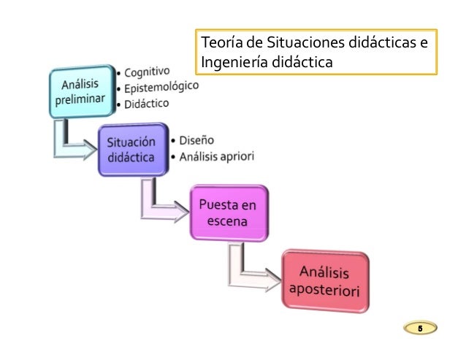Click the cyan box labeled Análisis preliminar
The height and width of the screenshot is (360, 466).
click(82, 93)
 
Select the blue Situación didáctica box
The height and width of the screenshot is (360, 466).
click(131, 150)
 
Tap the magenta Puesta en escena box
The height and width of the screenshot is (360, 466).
click(229, 212)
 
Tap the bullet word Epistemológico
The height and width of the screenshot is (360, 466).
click(160, 88)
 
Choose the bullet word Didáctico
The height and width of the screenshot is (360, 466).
click(146, 105)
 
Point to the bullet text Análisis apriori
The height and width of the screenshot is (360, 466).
click(216, 155)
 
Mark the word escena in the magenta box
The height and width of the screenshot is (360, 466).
click(229, 221)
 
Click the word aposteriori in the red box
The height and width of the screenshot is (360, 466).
click(326, 289)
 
